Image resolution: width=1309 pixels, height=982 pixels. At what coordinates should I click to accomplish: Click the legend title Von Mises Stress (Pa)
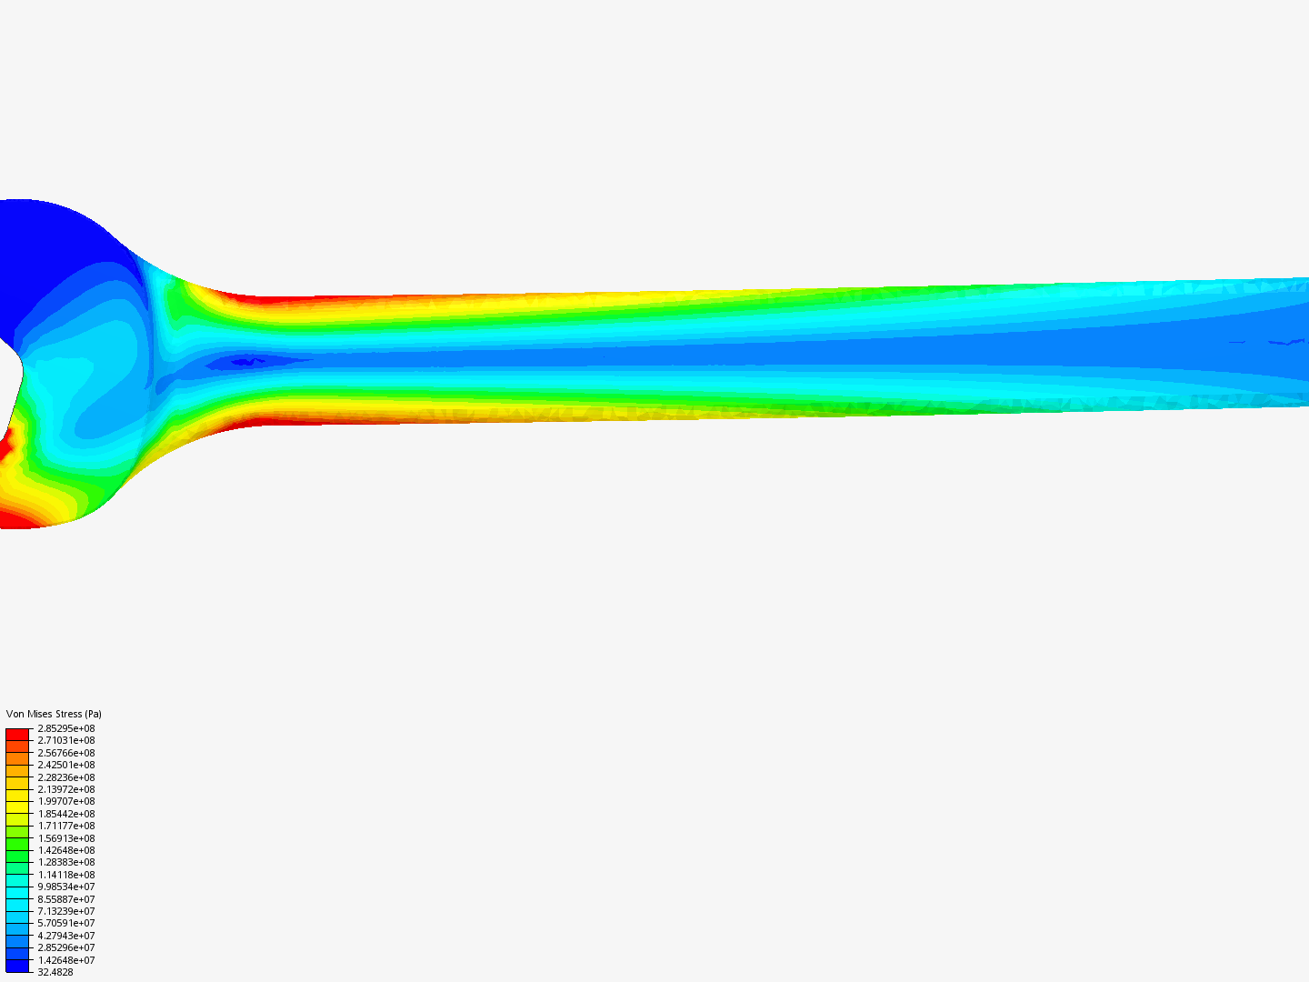click(x=54, y=714)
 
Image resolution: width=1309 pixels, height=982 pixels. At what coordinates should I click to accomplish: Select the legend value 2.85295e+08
click(x=65, y=728)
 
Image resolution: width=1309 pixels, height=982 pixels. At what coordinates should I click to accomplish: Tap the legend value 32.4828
click(x=55, y=972)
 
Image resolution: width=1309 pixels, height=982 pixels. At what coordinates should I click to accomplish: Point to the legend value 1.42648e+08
click(x=65, y=850)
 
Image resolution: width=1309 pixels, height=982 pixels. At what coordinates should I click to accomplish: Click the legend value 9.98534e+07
click(x=65, y=887)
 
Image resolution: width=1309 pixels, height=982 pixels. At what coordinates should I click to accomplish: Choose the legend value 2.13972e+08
click(x=65, y=789)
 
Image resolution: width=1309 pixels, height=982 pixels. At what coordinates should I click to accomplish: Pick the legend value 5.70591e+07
click(x=65, y=923)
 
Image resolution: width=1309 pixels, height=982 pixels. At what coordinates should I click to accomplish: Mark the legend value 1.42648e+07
click(x=65, y=960)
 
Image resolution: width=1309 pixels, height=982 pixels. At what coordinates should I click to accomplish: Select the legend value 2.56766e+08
click(x=65, y=753)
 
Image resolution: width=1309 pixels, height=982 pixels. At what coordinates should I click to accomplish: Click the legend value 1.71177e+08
click(x=65, y=826)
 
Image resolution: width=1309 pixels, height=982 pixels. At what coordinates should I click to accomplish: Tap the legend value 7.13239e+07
click(x=65, y=911)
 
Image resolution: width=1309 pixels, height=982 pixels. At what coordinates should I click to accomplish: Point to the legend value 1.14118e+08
click(x=65, y=875)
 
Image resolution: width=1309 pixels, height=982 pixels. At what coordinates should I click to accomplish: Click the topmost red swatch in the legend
click(x=17, y=734)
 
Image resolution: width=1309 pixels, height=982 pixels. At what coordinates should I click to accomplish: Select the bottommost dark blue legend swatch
click(x=17, y=966)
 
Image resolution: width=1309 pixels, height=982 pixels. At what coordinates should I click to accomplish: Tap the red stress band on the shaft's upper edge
click(x=273, y=297)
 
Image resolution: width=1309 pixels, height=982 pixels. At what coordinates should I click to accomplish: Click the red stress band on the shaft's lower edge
click(x=273, y=421)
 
